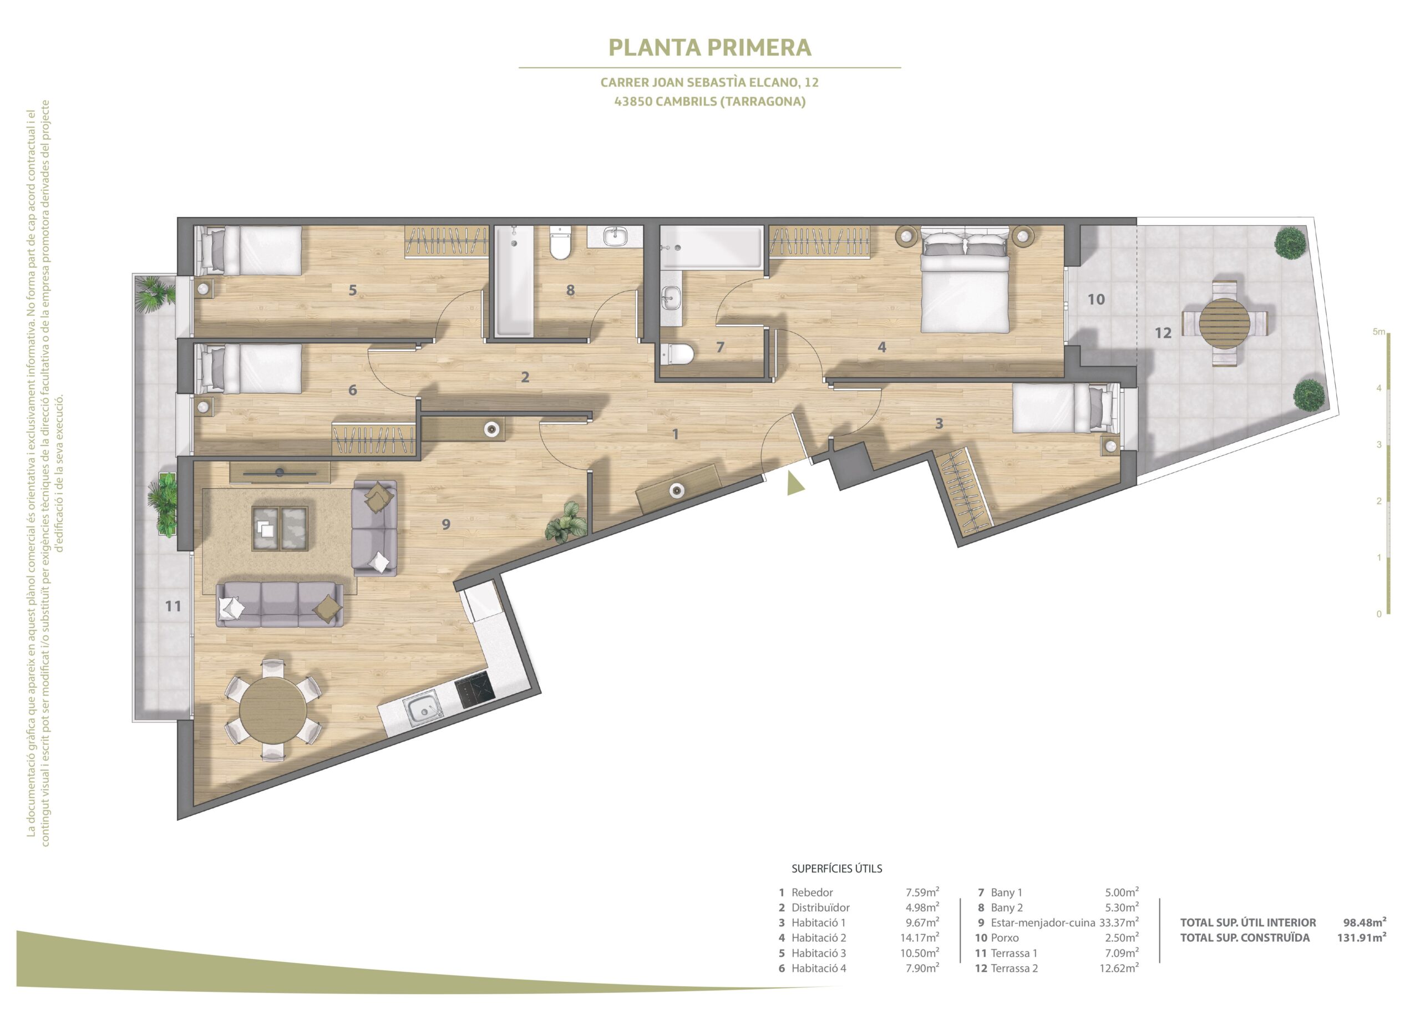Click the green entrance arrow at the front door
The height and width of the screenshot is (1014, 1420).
coord(794,484)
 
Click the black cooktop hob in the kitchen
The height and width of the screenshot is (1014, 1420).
coord(474,691)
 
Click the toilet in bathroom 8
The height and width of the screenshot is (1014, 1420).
coord(560,244)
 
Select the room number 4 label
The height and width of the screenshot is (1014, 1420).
coord(881,347)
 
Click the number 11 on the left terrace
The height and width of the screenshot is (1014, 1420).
coord(173,606)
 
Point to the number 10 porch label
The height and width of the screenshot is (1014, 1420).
coord(1096,300)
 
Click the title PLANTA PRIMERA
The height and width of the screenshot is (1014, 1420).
coord(709,48)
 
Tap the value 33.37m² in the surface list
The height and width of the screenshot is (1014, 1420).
coord(1118,922)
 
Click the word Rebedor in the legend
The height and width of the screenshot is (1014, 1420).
coord(812,893)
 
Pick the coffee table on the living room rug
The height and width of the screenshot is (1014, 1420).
coord(280,529)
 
